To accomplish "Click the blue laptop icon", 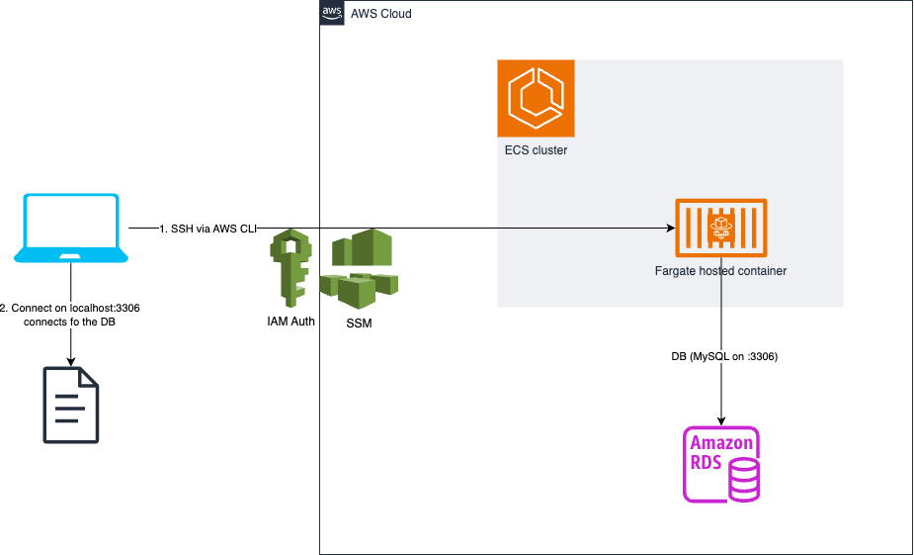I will pyautogui.click(x=71, y=229).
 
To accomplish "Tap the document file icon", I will pyautogui.click(x=71, y=405).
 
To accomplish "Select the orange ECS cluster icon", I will pyautogui.click(x=536, y=98).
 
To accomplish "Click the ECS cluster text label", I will pyautogui.click(x=536, y=151).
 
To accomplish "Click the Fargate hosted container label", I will pyautogui.click(x=720, y=270).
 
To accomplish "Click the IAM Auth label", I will pyautogui.click(x=291, y=322).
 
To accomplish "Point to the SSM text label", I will pyautogui.click(x=359, y=324).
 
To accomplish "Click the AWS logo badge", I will pyautogui.click(x=331, y=13).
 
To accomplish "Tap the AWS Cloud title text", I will pyautogui.click(x=381, y=14).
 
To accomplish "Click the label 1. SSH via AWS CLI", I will pyautogui.click(x=208, y=229).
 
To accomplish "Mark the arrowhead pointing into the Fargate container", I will pyautogui.click(x=669, y=229).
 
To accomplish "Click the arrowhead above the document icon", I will pyautogui.click(x=71, y=360).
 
